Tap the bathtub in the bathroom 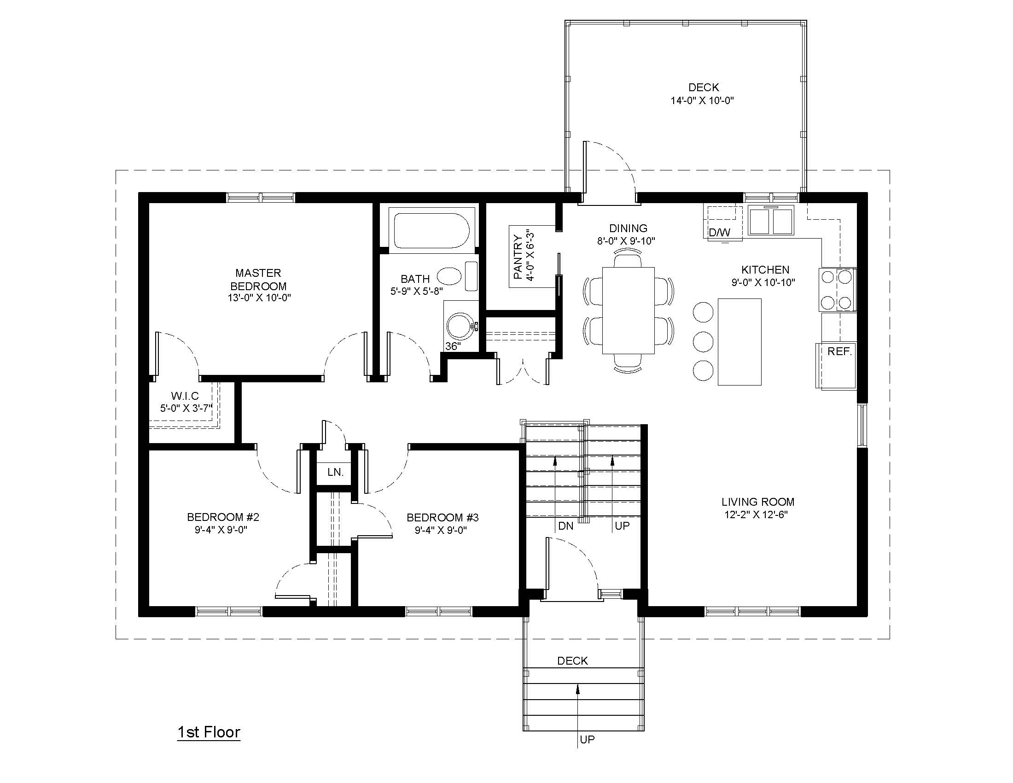[431, 231]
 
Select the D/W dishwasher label [719, 233]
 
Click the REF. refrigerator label [839, 351]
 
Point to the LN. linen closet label [335, 472]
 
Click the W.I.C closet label [185, 396]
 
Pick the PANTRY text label [518, 257]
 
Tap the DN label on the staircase [565, 526]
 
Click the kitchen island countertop [739, 342]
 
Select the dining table [629, 310]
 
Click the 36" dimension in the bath [453, 346]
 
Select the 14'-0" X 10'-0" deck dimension [702, 100]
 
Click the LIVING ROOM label [758, 502]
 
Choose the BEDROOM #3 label [442, 517]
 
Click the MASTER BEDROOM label [258, 279]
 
